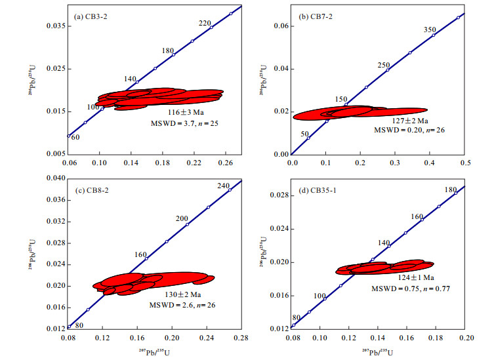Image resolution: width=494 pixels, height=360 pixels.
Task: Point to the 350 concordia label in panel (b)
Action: [430, 30]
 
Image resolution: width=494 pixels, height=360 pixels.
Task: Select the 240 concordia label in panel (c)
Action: [223, 186]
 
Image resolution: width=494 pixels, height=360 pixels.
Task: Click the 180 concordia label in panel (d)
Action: [450, 190]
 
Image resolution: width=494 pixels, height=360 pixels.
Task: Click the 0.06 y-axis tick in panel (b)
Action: [280, 26]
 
